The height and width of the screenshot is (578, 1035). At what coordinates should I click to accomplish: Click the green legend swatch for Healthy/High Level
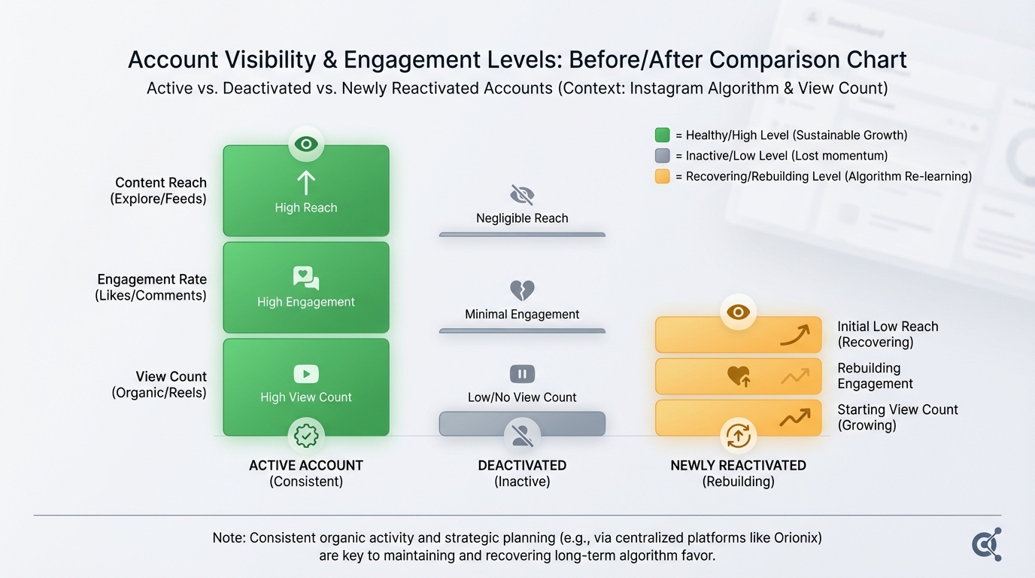pyautogui.click(x=662, y=135)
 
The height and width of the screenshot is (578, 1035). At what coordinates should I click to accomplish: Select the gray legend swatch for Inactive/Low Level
pyautogui.click(x=662, y=156)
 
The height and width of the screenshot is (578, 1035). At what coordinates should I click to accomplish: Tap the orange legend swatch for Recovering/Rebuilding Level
pyautogui.click(x=662, y=176)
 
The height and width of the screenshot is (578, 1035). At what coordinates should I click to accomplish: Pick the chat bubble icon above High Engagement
pyautogui.click(x=306, y=278)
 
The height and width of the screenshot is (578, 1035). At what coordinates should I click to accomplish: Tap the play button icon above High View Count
pyautogui.click(x=306, y=373)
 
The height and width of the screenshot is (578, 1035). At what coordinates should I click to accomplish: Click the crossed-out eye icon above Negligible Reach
pyautogui.click(x=522, y=196)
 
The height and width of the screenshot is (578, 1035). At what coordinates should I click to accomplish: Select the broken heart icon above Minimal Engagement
pyautogui.click(x=522, y=290)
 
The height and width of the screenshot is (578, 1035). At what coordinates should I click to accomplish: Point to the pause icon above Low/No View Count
pyautogui.click(x=522, y=374)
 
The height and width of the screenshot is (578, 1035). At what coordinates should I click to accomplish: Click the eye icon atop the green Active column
pyautogui.click(x=306, y=144)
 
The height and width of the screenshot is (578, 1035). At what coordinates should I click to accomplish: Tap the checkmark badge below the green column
pyautogui.click(x=306, y=435)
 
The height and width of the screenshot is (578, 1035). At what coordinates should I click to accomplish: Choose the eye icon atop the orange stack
pyautogui.click(x=738, y=312)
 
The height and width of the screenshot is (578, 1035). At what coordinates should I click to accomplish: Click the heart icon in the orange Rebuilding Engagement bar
pyautogui.click(x=739, y=376)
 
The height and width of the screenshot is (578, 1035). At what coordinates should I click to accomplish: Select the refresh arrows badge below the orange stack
pyautogui.click(x=738, y=435)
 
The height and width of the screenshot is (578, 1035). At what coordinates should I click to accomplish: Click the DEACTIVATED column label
pyautogui.click(x=522, y=466)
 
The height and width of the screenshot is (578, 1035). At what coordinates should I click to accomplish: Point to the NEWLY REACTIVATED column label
pyautogui.click(x=738, y=466)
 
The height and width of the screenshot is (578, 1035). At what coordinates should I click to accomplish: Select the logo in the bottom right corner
pyautogui.click(x=986, y=544)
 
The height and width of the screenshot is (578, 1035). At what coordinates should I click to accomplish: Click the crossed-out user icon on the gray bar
pyautogui.click(x=522, y=434)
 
